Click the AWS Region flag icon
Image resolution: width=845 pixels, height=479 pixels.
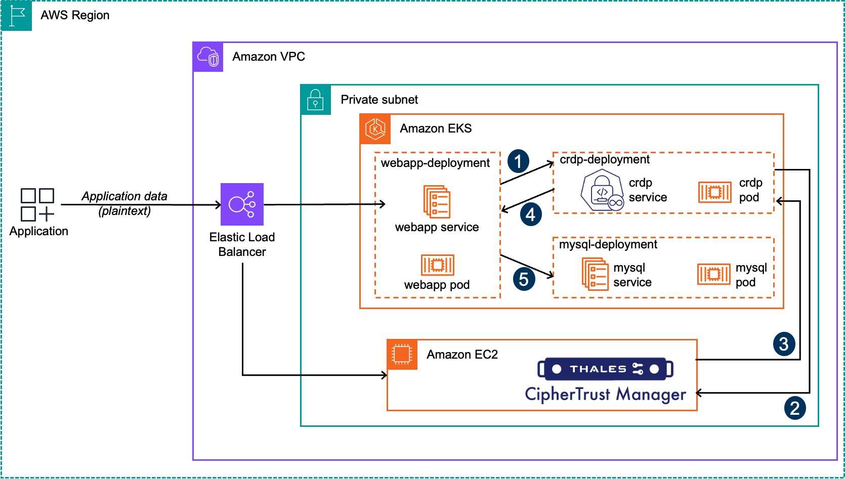16,16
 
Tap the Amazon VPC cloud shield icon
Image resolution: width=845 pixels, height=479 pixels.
208,57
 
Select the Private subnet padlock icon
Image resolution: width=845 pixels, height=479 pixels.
316,100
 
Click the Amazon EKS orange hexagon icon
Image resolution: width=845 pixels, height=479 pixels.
375,129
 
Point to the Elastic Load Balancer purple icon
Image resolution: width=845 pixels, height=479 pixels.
242,204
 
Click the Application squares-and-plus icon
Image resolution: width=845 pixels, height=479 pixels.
37,205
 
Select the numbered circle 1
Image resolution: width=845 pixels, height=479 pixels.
518,161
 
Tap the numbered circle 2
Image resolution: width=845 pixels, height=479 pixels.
795,408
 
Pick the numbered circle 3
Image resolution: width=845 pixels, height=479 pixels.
784,344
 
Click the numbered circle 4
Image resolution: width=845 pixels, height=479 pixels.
531,214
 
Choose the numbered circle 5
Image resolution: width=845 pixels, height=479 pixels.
524,279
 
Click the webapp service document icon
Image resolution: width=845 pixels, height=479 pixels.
437,202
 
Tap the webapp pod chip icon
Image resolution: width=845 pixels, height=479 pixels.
437,265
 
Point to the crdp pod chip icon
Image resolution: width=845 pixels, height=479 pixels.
714,192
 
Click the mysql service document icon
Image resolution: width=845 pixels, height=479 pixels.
595,274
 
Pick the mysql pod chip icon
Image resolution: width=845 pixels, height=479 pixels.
713,274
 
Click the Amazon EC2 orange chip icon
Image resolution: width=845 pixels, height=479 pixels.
402,355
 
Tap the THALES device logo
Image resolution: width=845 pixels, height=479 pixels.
605,369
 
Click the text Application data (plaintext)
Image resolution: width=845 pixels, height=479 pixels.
124,203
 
